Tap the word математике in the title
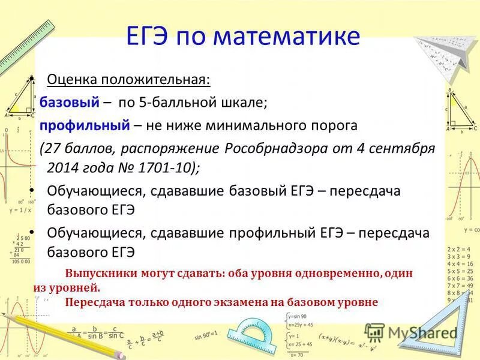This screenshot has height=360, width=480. click(287, 37)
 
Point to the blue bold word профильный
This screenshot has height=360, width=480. click(85, 125)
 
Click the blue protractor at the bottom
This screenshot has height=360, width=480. click(255, 335)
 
